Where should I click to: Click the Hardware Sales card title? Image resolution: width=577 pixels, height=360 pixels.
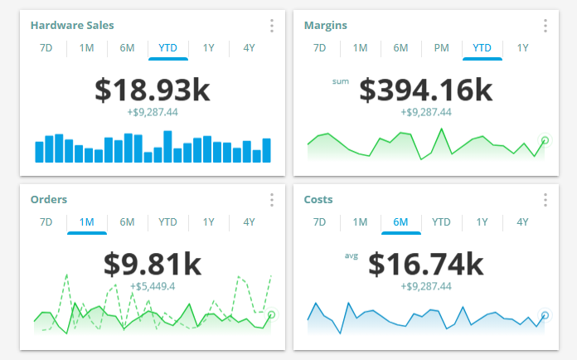point(72,26)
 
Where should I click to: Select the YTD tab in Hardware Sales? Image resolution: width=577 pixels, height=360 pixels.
point(168,47)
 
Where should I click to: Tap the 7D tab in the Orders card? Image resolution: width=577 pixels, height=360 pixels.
point(46,221)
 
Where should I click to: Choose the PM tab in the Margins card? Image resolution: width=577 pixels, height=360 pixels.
point(441,47)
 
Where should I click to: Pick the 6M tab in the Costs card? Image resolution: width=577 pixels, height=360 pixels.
point(400,221)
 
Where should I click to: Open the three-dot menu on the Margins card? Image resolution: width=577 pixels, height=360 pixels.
point(545,26)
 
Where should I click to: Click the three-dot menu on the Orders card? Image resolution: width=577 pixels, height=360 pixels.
point(272,200)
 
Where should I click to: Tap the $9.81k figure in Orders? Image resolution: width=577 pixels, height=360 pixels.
point(152,264)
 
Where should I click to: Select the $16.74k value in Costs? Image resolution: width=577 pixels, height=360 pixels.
point(425,264)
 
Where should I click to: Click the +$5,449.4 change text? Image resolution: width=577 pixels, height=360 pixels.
point(152,286)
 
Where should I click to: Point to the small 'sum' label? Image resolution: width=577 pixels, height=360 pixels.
point(341,81)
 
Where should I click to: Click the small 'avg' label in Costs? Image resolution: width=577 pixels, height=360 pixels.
point(351,255)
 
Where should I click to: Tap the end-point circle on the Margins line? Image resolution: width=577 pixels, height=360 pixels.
point(545,140)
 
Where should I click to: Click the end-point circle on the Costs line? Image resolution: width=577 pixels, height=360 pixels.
point(545,315)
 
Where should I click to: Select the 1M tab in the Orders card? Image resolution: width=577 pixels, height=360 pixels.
point(87,221)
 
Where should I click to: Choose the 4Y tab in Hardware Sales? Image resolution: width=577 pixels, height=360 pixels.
point(249,47)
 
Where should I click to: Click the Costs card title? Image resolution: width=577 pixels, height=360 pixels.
point(319,200)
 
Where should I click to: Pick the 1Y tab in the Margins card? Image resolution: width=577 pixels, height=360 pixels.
point(522,47)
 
